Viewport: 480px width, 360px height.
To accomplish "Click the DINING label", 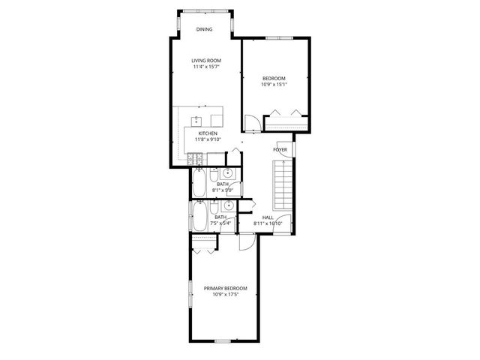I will point(204,29).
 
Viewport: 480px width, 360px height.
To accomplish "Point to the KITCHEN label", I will point(208,133).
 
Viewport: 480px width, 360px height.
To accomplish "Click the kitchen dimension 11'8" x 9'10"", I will point(208,139).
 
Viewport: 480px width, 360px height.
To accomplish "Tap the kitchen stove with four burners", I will point(197,158).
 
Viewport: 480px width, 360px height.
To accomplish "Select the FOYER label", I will point(280,150).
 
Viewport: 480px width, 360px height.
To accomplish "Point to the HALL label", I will point(268,217).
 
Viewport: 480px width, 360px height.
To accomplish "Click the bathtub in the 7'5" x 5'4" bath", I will point(200,217).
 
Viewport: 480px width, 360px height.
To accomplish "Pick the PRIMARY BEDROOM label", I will point(225,288).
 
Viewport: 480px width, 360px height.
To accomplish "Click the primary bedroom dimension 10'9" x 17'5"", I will point(225,295).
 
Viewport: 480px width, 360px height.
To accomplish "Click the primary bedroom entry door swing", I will point(245,242).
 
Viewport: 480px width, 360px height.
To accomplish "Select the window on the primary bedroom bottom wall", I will point(223,341).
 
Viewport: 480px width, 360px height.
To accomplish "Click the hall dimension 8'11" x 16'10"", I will point(268,223).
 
